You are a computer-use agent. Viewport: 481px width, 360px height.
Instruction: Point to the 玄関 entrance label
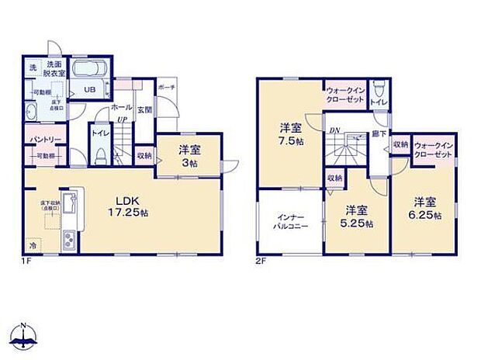point(145,110)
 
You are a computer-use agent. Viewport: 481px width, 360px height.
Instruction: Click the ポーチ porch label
point(166,88)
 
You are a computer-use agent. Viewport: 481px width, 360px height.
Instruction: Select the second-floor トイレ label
point(380,102)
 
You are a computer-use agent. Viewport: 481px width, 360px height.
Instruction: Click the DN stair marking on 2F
point(335,130)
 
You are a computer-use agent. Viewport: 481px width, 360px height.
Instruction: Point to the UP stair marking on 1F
point(123,119)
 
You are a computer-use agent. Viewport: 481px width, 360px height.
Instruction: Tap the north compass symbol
point(25,335)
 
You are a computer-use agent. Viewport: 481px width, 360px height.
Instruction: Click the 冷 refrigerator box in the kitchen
point(32,242)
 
